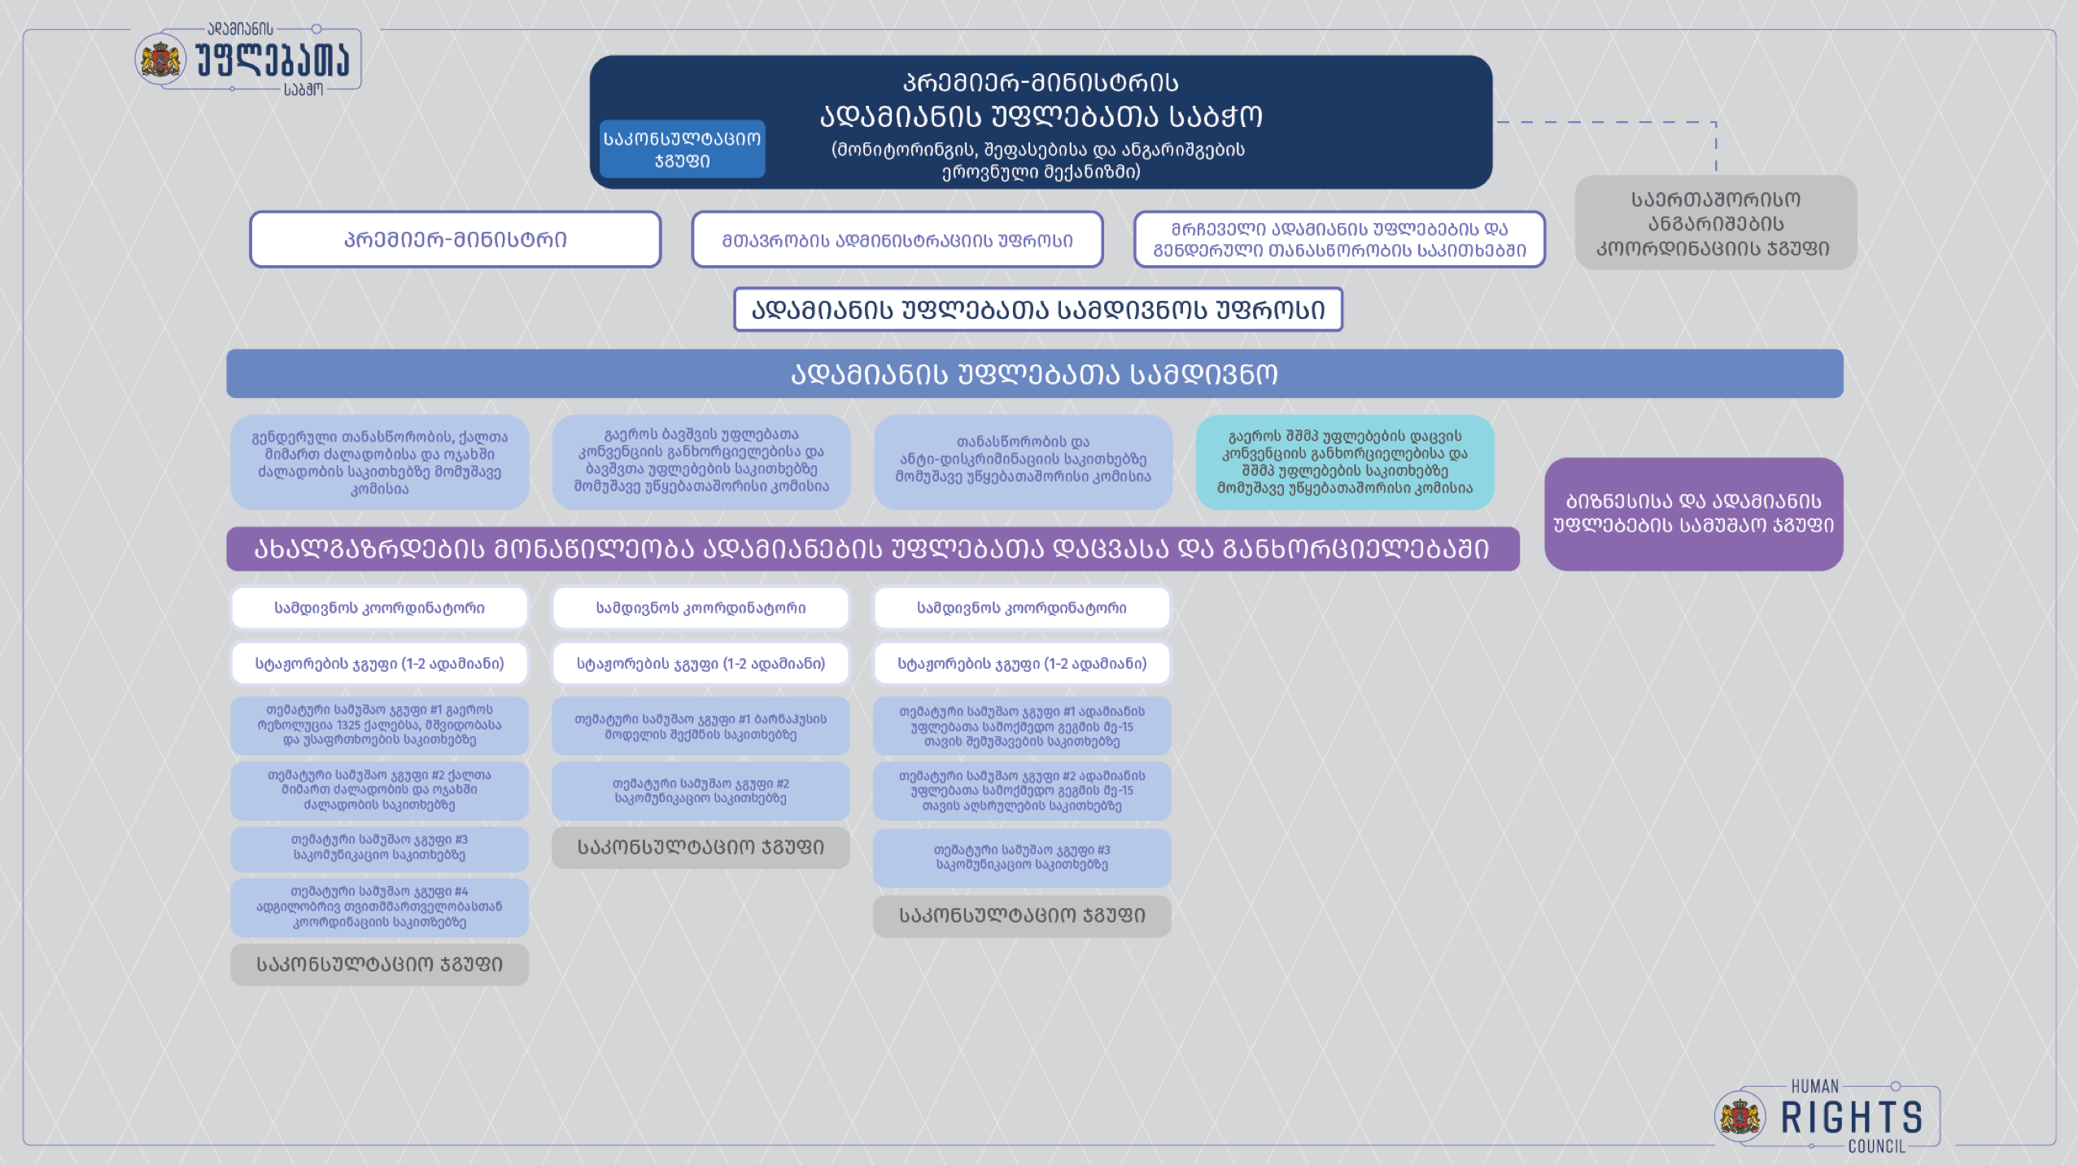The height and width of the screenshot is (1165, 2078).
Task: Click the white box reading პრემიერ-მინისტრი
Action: pos(455,239)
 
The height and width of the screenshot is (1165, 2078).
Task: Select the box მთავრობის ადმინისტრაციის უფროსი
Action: pos(897,239)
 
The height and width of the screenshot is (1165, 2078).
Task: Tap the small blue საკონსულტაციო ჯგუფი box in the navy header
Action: pos(682,149)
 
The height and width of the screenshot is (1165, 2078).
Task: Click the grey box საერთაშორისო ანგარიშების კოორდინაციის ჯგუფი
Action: pos(1715,223)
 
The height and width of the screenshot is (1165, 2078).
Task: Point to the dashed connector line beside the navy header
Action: pos(1607,122)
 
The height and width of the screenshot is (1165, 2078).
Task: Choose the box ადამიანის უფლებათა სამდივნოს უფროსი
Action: pos(1037,309)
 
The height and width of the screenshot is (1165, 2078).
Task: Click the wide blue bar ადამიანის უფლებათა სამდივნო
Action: pos(1034,373)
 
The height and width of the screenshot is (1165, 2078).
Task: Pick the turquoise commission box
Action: pos(1344,462)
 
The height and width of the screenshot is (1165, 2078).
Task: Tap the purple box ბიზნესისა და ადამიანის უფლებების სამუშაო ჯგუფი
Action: pos(1693,513)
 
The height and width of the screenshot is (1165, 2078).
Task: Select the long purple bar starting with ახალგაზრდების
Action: pos(872,549)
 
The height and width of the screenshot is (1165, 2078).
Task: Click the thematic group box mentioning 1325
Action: pos(379,725)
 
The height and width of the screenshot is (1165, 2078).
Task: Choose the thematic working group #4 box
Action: pos(379,907)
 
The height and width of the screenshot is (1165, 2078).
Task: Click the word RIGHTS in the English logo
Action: pos(1851,1118)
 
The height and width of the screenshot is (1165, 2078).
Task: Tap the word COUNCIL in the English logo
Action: pos(1876,1146)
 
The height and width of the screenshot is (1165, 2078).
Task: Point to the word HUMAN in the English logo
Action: pos(1814,1086)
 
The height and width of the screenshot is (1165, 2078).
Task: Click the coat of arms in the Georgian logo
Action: pos(160,59)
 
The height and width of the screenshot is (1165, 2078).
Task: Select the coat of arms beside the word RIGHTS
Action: pos(1740,1117)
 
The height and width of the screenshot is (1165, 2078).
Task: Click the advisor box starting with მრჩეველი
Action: pos(1339,239)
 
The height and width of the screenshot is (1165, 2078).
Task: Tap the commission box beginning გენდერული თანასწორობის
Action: pos(379,462)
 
